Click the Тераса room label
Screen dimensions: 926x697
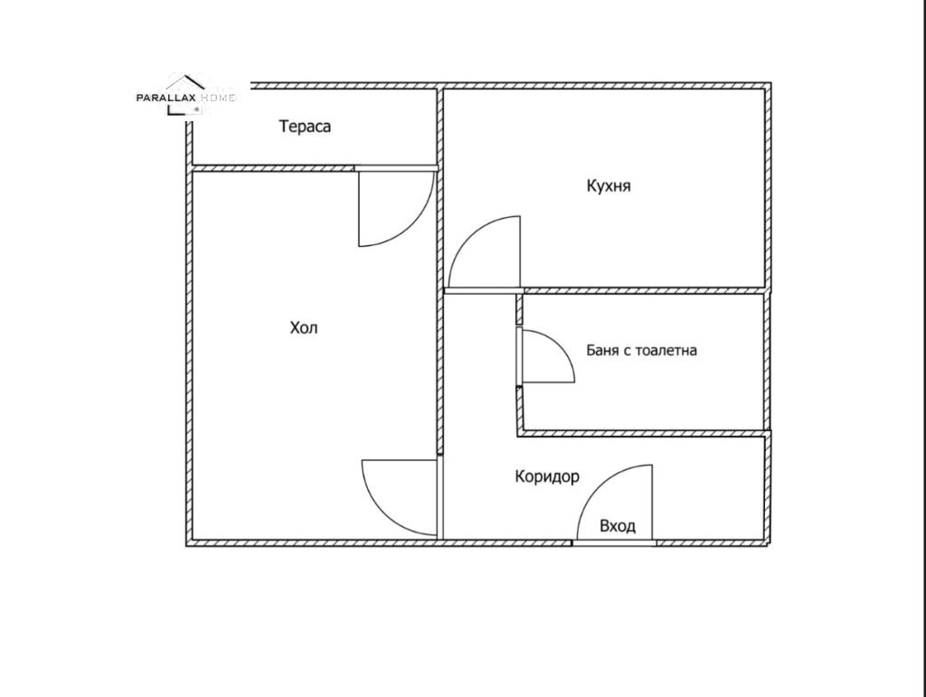[x=305, y=127]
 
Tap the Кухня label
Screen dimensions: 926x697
[x=609, y=186]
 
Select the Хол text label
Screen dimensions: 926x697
[x=304, y=327]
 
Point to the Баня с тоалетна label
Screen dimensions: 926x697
[x=641, y=350]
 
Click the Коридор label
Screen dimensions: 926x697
[x=547, y=476]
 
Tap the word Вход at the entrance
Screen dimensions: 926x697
[x=617, y=526]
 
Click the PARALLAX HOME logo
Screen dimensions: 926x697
[x=185, y=96]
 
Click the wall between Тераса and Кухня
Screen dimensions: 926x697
[x=440, y=127]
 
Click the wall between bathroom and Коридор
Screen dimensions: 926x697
[x=644, y=434]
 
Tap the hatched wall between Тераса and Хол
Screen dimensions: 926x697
[x=273, y=168]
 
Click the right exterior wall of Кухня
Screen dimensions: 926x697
[x=768, y=188]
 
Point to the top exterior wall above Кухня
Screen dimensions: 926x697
[x=607, y=86]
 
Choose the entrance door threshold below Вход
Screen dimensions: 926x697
[x=614, y=543]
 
